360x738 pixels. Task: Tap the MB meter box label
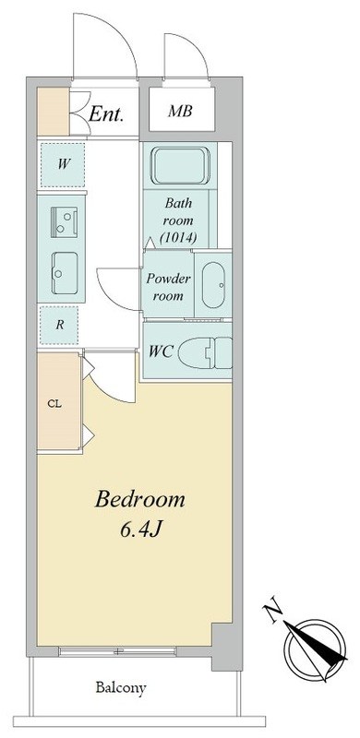point(181,113)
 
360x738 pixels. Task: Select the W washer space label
point(63,164)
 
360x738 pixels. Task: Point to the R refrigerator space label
point(60,324)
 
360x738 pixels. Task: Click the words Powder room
point(168,288)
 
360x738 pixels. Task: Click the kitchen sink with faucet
point(64,220)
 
